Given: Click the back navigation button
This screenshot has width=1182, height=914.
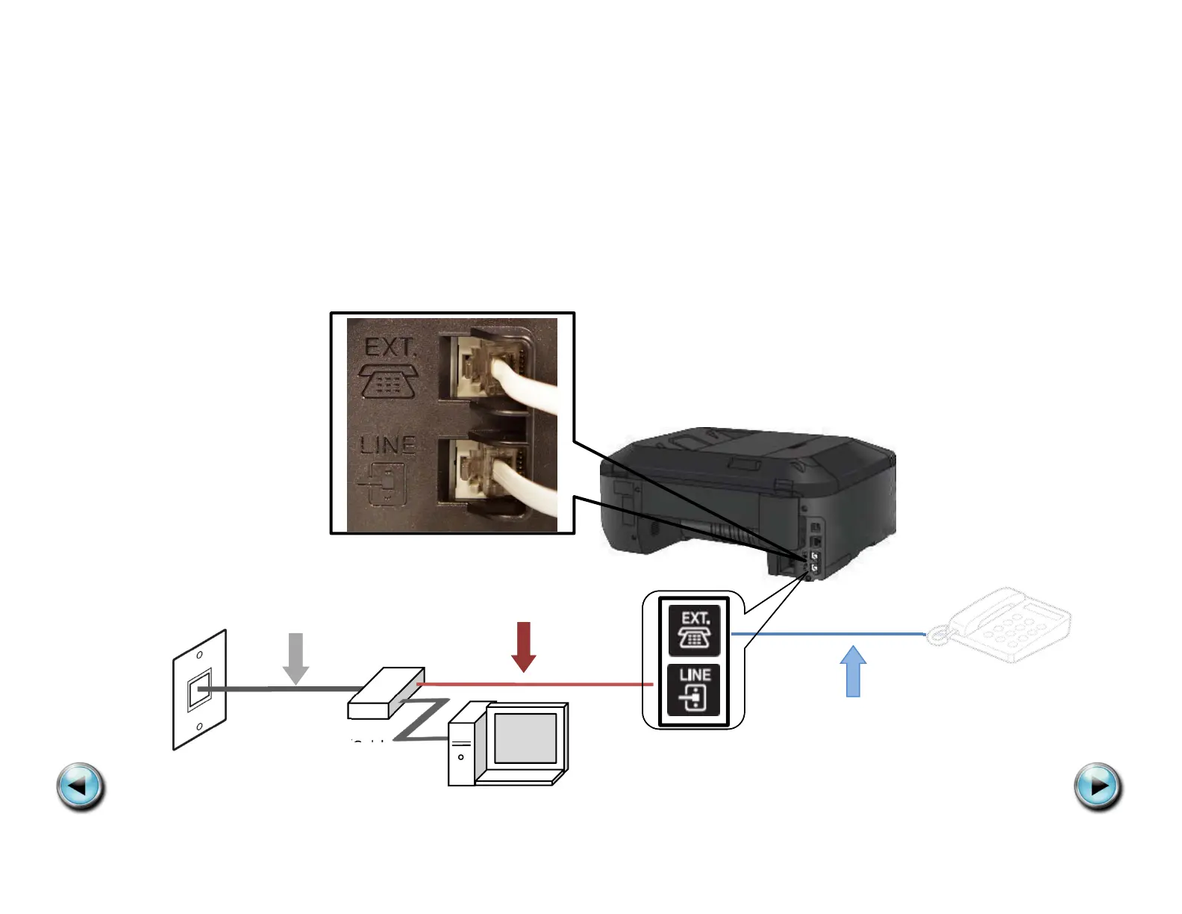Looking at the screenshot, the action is [x=81, y=786].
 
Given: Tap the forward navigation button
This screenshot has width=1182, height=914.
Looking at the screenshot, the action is [x=1098, y=786].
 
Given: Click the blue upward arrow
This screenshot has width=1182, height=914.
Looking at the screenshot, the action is [x=853, y=671].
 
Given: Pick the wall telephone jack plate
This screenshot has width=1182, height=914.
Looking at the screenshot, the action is [x=199, y=690].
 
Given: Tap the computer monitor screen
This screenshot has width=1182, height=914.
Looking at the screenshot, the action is [x=525, y=738].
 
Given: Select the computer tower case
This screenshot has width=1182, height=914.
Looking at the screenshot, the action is [x=462, y=747].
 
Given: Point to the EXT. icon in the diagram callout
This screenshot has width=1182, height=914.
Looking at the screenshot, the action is [x=694, y=630].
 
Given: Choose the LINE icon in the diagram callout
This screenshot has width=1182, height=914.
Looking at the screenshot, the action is [x=694, y=689].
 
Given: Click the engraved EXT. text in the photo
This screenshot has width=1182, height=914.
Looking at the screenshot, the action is [x=389, y=348].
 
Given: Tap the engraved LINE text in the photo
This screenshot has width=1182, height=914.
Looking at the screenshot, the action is [x=387, y=445].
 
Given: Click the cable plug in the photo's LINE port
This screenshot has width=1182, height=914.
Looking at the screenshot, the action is [x=485, y=470].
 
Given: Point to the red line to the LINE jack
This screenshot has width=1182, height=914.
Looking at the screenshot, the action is [x=537, y=684].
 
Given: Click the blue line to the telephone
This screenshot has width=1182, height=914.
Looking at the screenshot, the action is [x=828, y=635].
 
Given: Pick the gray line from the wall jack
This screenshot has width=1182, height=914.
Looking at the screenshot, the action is [x=284, y=688].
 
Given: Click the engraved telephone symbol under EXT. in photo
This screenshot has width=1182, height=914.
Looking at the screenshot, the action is [x=389, y=381].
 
